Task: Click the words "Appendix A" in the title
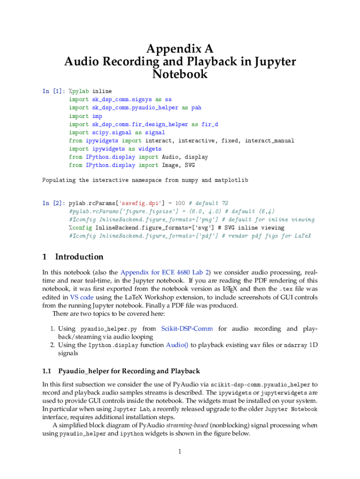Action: click(180, 49)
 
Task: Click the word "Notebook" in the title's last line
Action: click(180, 74)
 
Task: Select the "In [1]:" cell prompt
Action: click(53, 91)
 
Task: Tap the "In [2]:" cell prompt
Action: click(53, 203)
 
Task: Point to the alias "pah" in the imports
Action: click(196, 108)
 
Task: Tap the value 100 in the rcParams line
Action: click(180, 203)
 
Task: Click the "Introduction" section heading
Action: click(79, 257)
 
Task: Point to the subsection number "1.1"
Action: click(46, 371)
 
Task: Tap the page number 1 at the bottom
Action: click(180, 452)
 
